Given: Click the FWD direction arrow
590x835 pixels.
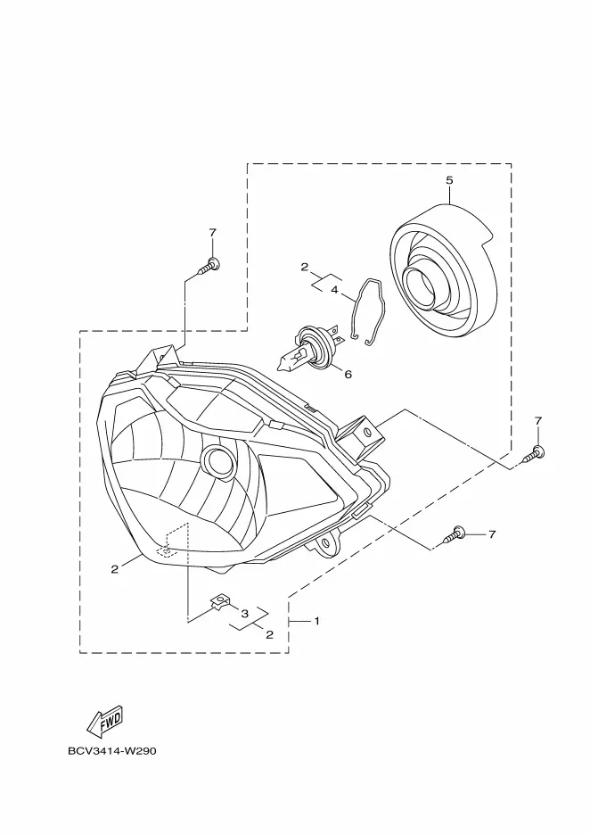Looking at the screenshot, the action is [x=105, y=721].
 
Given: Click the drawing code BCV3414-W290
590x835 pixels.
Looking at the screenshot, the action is [x=112, y=751].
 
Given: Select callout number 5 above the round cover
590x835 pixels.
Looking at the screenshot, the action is [x=449, y=180].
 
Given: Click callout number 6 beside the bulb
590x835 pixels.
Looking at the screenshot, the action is [x=348, y=375].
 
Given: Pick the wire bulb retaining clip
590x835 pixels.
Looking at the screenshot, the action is [x=370, y=313].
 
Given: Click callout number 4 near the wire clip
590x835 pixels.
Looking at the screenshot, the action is [x=334, y=290].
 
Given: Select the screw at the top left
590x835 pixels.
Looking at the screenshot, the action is [x=209, y=267].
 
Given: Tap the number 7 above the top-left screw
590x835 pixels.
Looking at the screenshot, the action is [x=212, y=233].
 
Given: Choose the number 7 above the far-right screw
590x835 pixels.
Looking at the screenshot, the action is [x=538, y=421].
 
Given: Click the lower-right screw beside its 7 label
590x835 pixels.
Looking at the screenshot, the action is [x=454, y=534].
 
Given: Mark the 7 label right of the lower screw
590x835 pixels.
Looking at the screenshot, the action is [x=492, y=533].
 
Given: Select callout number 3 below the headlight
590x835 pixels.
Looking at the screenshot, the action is [x=245, y=614].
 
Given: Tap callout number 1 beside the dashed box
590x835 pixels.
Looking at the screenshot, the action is [x=316, y=621].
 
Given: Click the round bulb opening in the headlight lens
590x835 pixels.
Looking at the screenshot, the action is [x=218, y=460].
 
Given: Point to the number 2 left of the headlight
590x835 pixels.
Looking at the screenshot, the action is [x=114, y=569].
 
